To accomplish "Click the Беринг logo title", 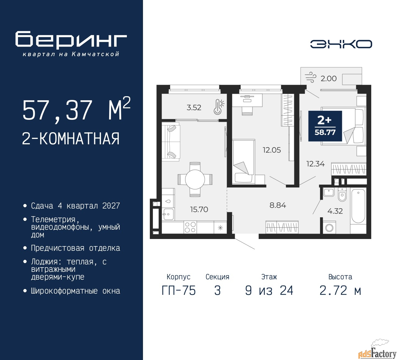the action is point(71,40).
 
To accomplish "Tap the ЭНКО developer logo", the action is point(341,44).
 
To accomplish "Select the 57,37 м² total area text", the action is point(76,110).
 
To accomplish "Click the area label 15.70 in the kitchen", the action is point(199,209).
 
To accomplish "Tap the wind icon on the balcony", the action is point(310,77).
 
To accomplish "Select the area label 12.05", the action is point(272,150).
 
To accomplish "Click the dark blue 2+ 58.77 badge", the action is point(325,126).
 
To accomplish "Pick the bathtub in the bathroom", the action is point(358,206).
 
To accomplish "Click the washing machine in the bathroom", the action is point(329,227).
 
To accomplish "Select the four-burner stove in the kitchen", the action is point(190,227).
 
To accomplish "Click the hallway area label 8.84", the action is point(278,205).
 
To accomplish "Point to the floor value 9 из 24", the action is point(269,291).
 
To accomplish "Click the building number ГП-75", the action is point(179,291).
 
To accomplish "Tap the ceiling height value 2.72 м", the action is point(340,291).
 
